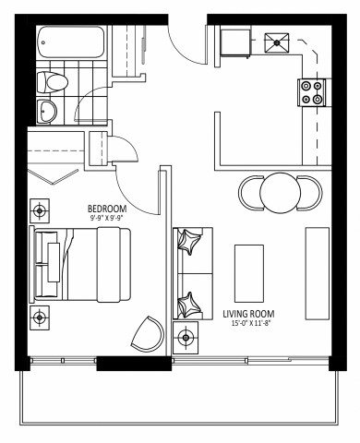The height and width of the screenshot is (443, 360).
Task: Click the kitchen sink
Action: pyautogui.click(x=277, y=42)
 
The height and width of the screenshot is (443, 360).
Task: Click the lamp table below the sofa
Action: pyautogui.click(x=187, y=338)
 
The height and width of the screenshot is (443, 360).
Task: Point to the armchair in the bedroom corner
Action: pyautogui.click(x=147, y=334)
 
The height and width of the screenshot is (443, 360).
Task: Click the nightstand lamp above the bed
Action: pyautogui.click(x=40, y=210)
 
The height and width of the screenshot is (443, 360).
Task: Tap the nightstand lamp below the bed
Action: pyautogui.click(x=40, y=317)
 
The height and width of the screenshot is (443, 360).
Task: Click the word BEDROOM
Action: pyautogui.click(x=107, y=209)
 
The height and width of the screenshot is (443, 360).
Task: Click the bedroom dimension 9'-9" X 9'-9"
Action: pyautogui.click(x=107, y=219)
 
